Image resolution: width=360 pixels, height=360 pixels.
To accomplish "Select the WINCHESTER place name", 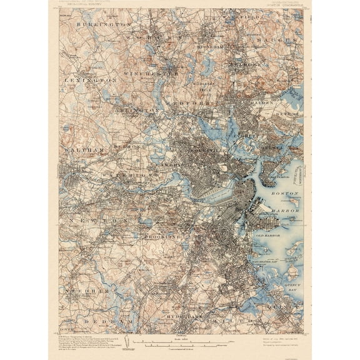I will tap(151, 73).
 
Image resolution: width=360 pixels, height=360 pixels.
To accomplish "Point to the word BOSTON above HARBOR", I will tap(285, 194).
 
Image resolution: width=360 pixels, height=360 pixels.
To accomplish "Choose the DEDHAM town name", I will tap(114, 320).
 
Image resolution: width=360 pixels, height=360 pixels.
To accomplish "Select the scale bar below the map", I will tap(181, 344).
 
